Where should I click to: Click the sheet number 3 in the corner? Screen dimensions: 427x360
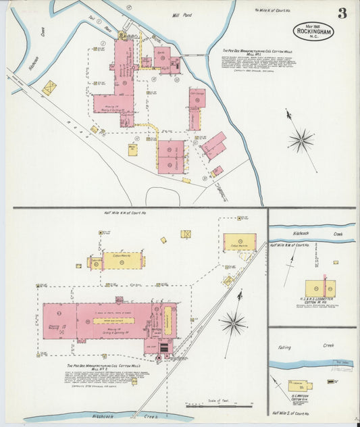(x=342, y=14)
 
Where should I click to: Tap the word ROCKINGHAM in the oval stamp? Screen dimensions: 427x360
(x=313, y=30)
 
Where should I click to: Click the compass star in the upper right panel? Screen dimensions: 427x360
(x=301, y=140)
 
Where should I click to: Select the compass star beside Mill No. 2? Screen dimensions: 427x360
(x=234, y=323)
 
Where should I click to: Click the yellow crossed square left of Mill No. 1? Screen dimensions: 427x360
(x=49, y=88)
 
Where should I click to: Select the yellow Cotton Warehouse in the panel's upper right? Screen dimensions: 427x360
(x=240, y=242)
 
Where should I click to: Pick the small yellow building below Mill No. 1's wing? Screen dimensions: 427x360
(x=133, y=149)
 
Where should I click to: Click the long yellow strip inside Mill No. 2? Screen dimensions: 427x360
(x=113, y=320)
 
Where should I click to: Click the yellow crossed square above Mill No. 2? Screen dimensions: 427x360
(x=186, y=234)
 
